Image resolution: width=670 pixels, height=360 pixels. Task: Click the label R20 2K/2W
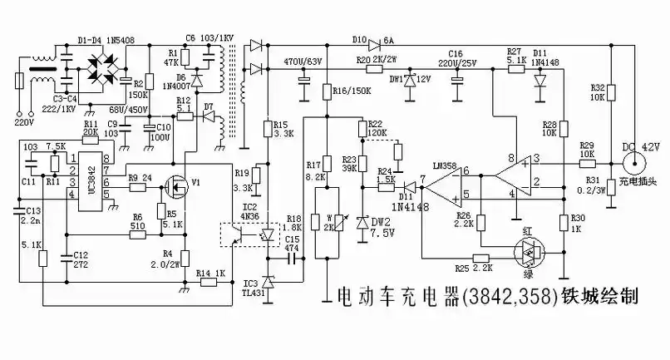tap(374, 61)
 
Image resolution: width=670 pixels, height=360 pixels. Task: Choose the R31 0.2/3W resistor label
tap(592, 185)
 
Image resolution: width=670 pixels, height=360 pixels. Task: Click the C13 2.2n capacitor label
tap(29, 216)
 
